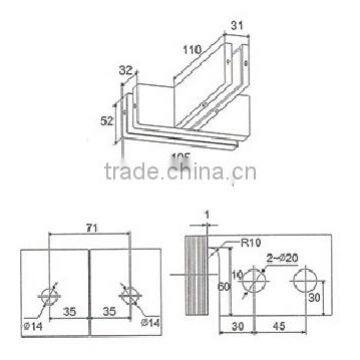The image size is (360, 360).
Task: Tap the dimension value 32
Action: (124, 72)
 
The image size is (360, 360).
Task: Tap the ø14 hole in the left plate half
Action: (47, 297)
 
